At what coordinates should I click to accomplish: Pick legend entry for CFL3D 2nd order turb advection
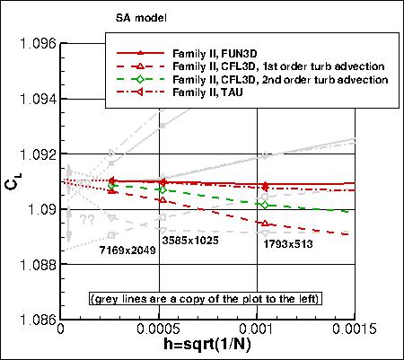280,80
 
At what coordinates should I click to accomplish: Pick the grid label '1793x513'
288,242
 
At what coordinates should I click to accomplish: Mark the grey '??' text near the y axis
87,220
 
